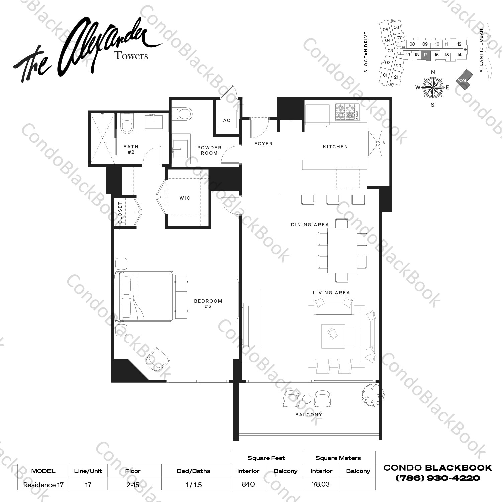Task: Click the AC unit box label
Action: pos(227,120)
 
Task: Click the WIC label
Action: pos(185,198)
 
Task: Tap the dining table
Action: pos(342,250)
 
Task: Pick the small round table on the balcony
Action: pos(307,399)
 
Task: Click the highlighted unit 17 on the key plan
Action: pos(425,55)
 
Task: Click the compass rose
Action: pos(432,88)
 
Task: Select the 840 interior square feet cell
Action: pos(248,484)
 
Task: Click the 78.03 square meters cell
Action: pos(321,484)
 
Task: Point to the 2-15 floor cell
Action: pos(133,485)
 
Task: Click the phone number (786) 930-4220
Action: pos(438,478)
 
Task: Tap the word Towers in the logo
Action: pos(131,56)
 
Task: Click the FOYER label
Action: pos(264,144)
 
